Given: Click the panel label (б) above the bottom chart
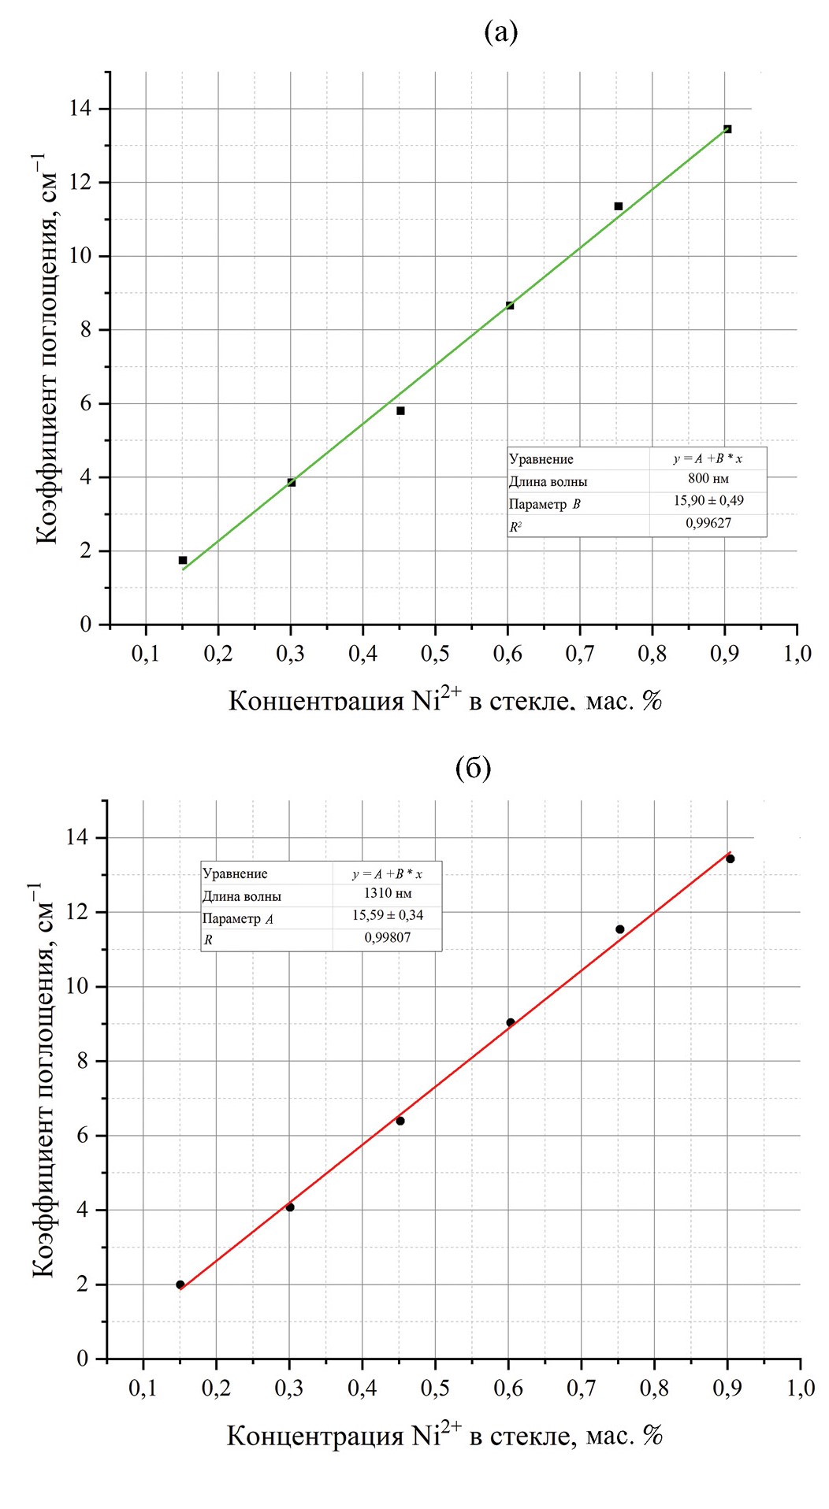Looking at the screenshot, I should (x=474, y=767).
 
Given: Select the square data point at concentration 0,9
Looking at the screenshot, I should (x=727, y=129).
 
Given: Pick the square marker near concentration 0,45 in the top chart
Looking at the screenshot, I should (x=400, y=410).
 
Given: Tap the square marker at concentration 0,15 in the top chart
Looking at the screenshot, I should (x=183, y=560).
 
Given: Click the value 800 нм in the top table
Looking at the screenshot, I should (x=708, y=479).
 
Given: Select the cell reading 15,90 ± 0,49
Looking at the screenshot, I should (x=708, y=501).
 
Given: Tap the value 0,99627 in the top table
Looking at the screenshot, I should (x=708, y=523).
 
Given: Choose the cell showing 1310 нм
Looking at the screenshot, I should (x=387, y=893).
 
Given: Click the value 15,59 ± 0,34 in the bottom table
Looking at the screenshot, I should (x=387, y=915).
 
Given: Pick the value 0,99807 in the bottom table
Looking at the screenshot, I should (x=387, y=937).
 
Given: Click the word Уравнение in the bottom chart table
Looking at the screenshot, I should (x=235, y=873).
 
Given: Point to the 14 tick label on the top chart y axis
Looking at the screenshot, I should (x=80, y=109).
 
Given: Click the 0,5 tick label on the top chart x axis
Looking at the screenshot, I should (x=434, y=654).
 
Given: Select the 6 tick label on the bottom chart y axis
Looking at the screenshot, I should (x=82, y=1136).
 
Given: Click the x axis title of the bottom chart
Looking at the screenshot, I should (x=444, y=1435).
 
